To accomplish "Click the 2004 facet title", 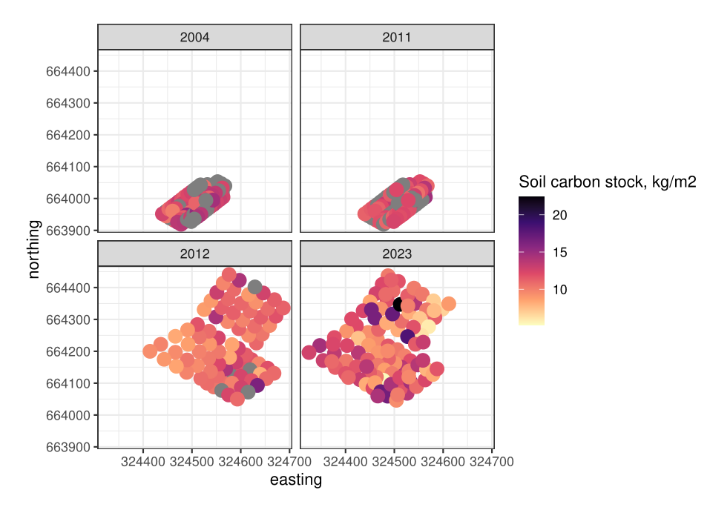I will click(x=194, y=36).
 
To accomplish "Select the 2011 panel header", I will click(x=397, y=36).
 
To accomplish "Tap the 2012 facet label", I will click(x=194, y=253).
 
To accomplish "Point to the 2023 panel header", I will click(x=397, y=253).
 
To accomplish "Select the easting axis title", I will click(x=296, y=480).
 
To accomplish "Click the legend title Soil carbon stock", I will click(x=607, y=182).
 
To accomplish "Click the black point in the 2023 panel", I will click(x=401, y=304).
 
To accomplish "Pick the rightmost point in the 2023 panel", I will click(x=448, y=304).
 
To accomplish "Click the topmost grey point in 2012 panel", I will click(x=254, y=287).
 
